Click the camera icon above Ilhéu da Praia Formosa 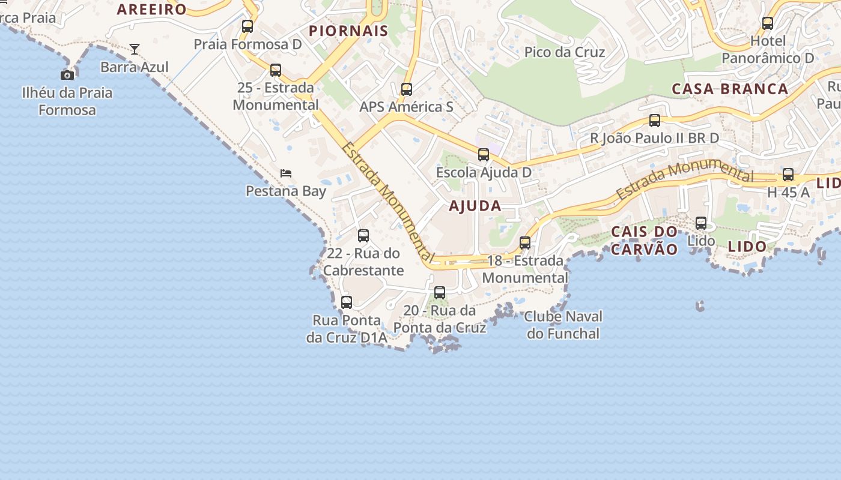pos(67,75)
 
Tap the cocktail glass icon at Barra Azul pos(135,49)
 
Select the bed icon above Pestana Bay pos(286,173)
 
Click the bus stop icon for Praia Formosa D pos(247,26)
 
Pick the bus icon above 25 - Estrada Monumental pos(276,70)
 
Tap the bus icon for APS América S pos(407,89)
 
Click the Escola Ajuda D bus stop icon pos(484,155)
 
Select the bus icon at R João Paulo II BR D pos(655,121)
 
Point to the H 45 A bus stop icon pos(788,175)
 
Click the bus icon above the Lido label pos(701,223)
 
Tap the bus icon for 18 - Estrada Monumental pos(525,243)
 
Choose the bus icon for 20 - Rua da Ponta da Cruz pos(440,293)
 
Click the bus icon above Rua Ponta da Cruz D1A pos(347,302)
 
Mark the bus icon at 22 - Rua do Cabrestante pos(363,236)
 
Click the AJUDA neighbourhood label pos(475,206)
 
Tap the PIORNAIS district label pos(348,31)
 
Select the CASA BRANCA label pos(730,89)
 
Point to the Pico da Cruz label pos(565,52)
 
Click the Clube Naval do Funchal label pos(563,325)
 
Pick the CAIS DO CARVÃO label pos(645,240)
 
